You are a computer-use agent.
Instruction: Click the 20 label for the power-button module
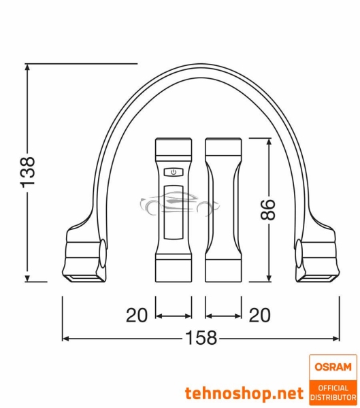[137, 315]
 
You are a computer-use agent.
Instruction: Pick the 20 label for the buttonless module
[259, 315]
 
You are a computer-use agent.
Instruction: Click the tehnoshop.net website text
[244, 393]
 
